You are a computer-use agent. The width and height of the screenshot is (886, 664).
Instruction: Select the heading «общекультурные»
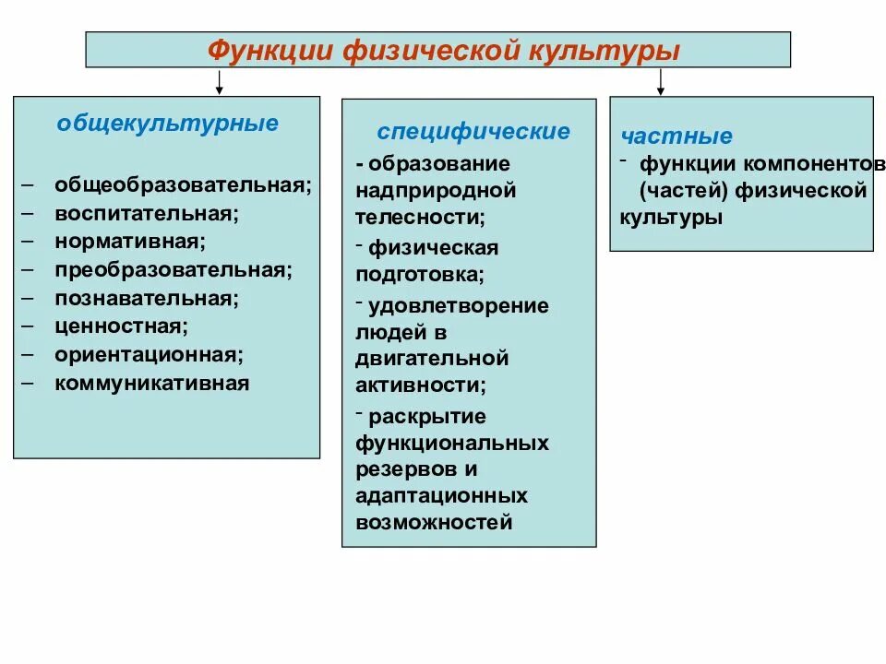pos(167,124)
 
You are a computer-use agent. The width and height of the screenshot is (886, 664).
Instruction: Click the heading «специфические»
pos(473,131)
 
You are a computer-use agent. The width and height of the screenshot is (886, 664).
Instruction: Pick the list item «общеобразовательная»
pos(183,184)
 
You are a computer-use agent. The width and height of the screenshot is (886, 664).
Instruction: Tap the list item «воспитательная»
pos(146,213)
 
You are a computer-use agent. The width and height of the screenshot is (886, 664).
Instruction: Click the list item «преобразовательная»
pos(173,270)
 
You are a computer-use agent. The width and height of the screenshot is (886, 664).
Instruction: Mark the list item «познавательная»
pos(146,298)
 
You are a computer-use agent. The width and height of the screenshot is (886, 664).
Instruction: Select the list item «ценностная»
pos(121,326)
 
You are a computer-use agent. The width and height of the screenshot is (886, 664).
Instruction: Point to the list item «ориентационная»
pos(149,354)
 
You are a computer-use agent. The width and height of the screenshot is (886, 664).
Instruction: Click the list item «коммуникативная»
pos(151,383)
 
